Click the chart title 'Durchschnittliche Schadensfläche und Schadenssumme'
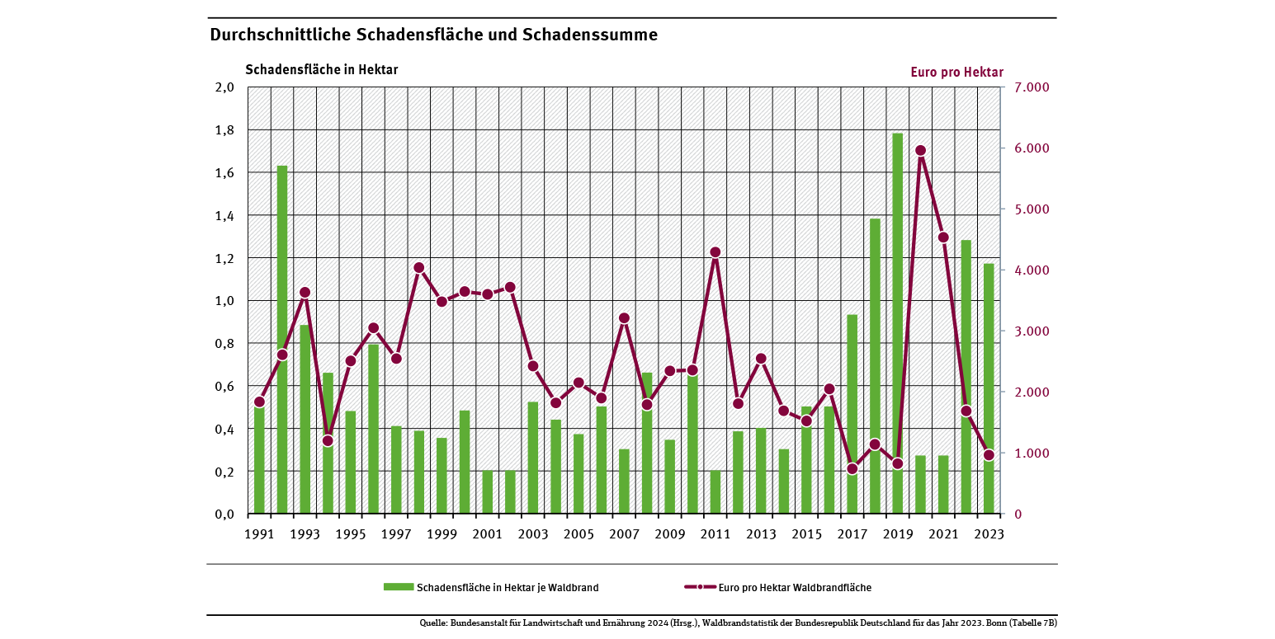tap(433, 35)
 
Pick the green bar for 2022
tap(966, 377)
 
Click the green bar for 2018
tap(875, 366)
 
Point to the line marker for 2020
tap(920, 150)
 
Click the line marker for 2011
tap(715, 252)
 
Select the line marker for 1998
tap(418, 268)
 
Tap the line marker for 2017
tap(852, 469)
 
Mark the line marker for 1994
tap(328, 440)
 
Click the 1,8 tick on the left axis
tap(224, 130)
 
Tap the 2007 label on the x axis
tap(625, 534)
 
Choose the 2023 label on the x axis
tap(989, 534)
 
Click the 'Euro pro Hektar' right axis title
tap(956, 72)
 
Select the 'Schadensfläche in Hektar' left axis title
tap(322, 69)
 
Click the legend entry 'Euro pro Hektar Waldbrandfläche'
tap(795, 587)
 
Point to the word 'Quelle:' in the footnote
tap(433, 623)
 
